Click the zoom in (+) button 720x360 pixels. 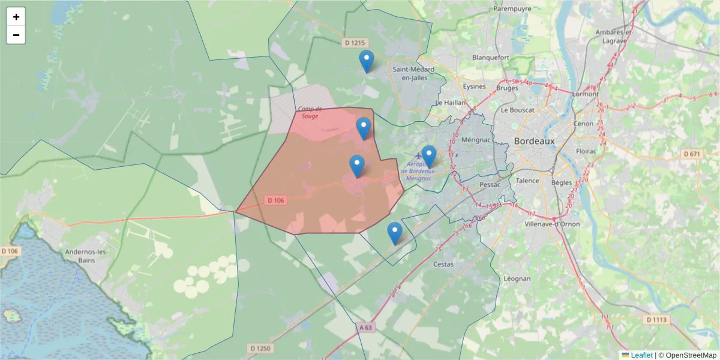(x=16, y=17)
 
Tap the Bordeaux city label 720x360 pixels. (x=535, y=141)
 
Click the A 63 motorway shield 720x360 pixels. (x=367, y=327)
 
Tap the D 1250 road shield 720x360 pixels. (x=260, y=348)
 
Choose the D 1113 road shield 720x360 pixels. (x=656, y=320)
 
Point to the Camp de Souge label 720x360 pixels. (x=311, y=112)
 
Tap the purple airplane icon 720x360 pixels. (x=418, y=156)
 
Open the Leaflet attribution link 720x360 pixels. (x=641, y=355)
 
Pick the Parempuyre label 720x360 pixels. (x=513, y=9)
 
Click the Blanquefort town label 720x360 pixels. (x=491, y=58)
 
